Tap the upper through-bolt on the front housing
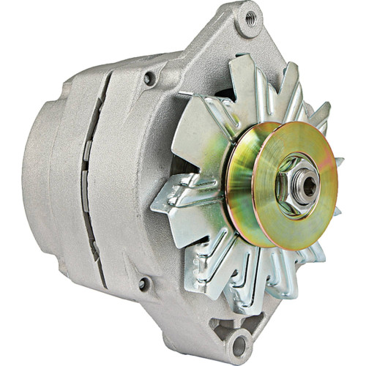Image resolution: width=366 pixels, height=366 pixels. tap(151, 76)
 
